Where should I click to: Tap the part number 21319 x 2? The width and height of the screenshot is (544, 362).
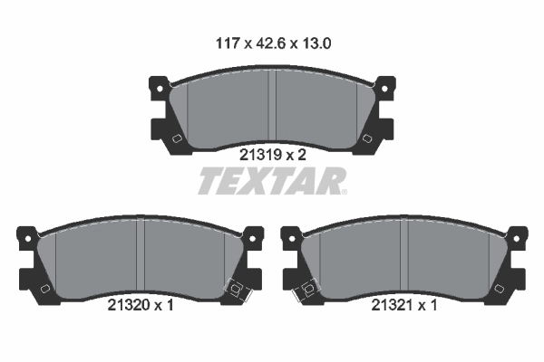pos(272,154)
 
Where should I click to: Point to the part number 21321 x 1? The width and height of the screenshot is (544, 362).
pos(404,306)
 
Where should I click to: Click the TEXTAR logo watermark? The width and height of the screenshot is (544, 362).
pos(272,182)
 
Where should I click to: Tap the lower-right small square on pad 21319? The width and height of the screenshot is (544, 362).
pos(367,138)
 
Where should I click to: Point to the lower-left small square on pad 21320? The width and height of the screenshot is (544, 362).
pos(44,291)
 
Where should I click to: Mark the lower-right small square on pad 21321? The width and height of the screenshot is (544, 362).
pos(500,291)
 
